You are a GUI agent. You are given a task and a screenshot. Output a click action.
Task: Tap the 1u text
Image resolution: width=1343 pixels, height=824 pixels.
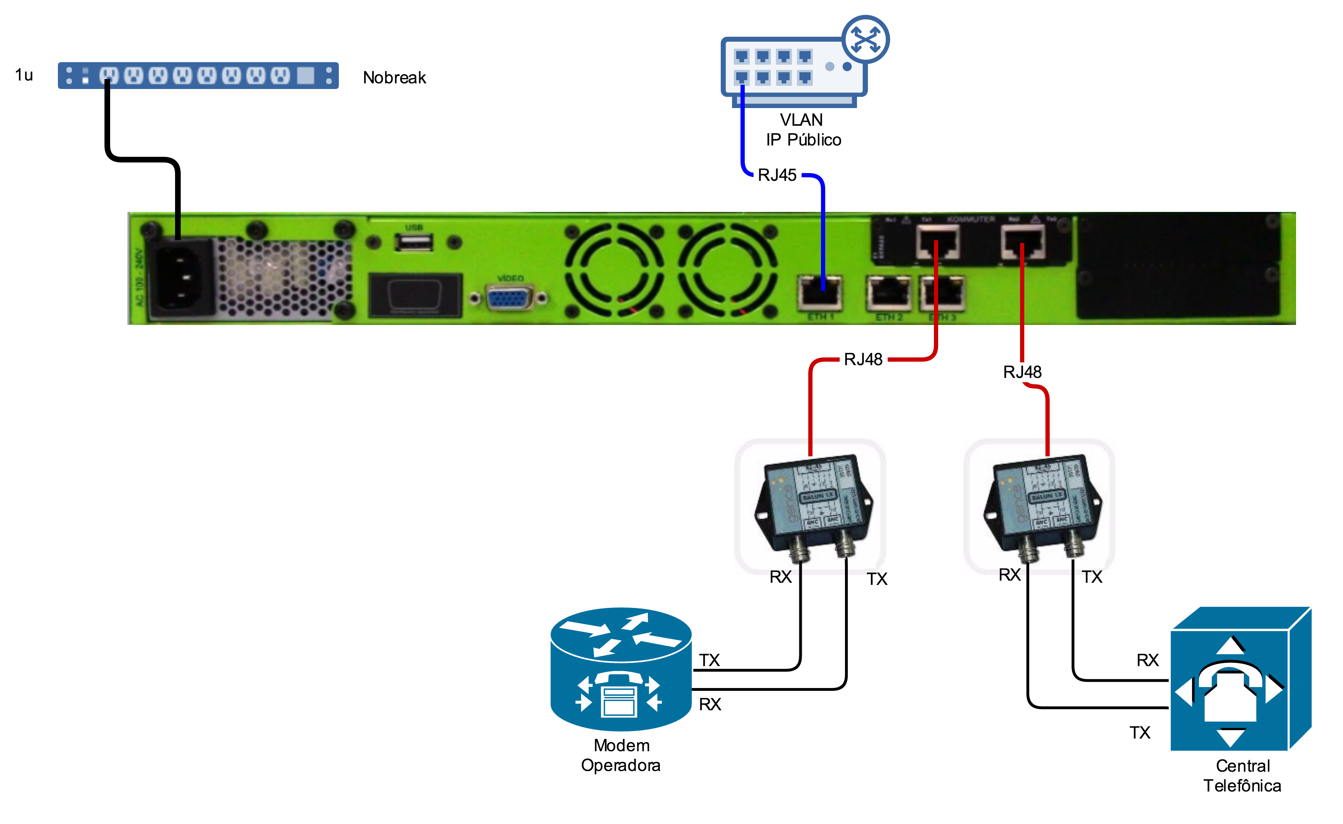24,75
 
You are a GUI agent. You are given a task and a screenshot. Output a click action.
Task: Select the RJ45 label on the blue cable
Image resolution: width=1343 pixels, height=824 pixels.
777,175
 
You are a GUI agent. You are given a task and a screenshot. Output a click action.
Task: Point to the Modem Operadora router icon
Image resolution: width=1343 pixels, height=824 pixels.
621,669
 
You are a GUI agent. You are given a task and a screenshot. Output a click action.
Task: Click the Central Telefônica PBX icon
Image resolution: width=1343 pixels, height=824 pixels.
1240,679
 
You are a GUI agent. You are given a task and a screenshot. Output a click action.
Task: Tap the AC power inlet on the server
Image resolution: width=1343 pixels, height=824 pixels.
180,278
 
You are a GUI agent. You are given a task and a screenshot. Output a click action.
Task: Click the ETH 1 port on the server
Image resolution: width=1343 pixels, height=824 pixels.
820,293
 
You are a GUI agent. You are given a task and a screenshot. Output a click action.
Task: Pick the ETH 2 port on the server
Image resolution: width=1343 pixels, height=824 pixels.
888,293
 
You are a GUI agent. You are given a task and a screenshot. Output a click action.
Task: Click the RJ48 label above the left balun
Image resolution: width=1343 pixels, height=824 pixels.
863,360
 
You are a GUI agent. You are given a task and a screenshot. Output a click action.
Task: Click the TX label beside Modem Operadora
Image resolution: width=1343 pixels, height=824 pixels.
709,660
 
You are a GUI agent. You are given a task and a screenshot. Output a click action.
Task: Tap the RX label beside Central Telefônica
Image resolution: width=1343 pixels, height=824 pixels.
1147,660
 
